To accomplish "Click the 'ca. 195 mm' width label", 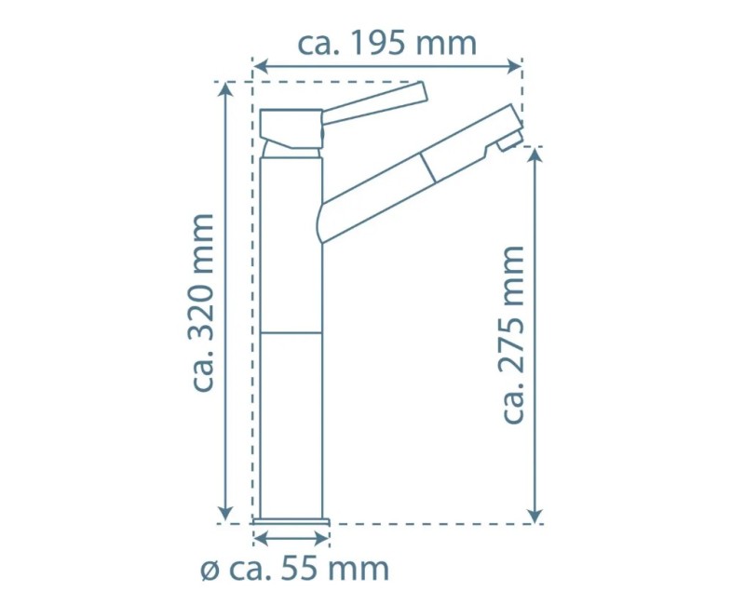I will [386, 43].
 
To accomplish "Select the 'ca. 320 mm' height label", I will [203, 302].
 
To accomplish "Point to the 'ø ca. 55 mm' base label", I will [294, 568].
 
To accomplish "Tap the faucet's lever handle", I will [372, 102].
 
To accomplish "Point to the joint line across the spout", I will [428, 168].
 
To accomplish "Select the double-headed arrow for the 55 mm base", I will [291, 538].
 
